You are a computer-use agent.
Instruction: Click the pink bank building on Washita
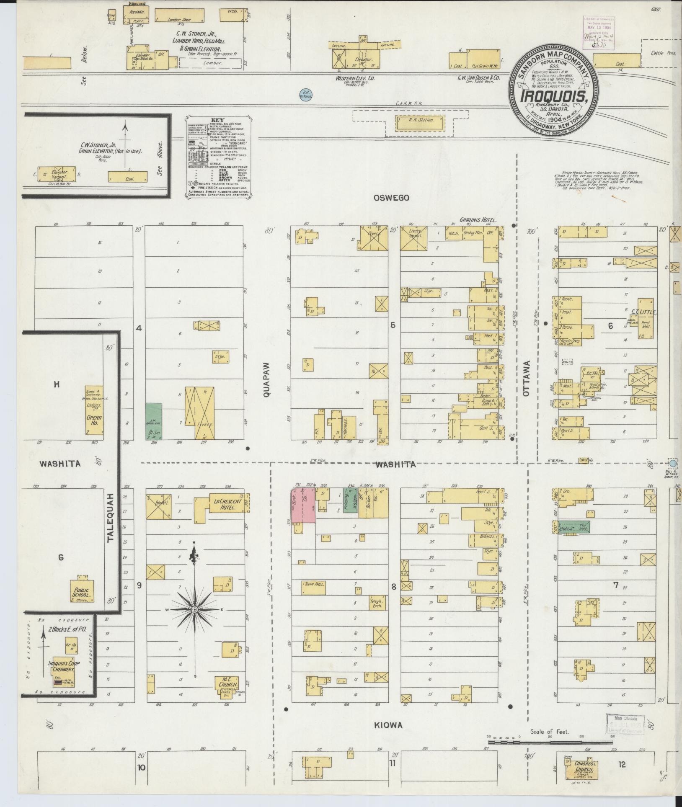pos(304,505)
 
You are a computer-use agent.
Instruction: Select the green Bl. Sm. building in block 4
pos(154,421)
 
